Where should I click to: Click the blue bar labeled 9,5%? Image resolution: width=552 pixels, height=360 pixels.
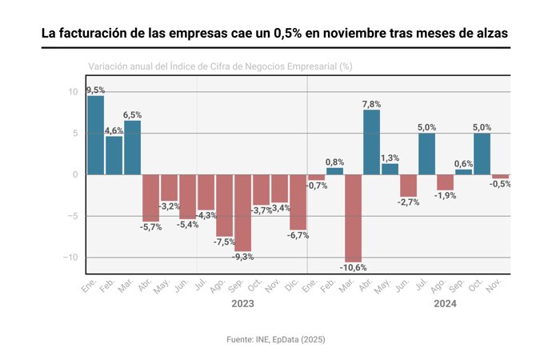[x=95, y=134]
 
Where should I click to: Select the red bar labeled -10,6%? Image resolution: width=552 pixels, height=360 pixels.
[x=353, y=218]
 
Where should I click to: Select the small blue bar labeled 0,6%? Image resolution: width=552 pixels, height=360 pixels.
[x=463, y=172]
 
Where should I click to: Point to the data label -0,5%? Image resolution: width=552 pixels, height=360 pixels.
[x=500, y=184]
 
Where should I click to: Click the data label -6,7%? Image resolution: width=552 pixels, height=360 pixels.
[x=298, y=235]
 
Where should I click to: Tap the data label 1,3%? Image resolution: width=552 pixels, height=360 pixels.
[x=390, y=158]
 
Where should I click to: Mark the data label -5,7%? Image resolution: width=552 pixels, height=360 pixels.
[x=150, y=227]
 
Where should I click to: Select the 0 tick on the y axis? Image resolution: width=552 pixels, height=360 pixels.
[x=74, y=174]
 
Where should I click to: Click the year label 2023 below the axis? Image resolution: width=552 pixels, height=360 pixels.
[x=242, y=305]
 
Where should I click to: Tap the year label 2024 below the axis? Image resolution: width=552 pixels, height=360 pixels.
[x=445, y=305]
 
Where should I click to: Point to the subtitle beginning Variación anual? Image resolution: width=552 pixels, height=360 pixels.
[x=220, y=66]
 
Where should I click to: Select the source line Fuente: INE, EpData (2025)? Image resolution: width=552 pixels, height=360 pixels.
[x=276, y=340]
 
